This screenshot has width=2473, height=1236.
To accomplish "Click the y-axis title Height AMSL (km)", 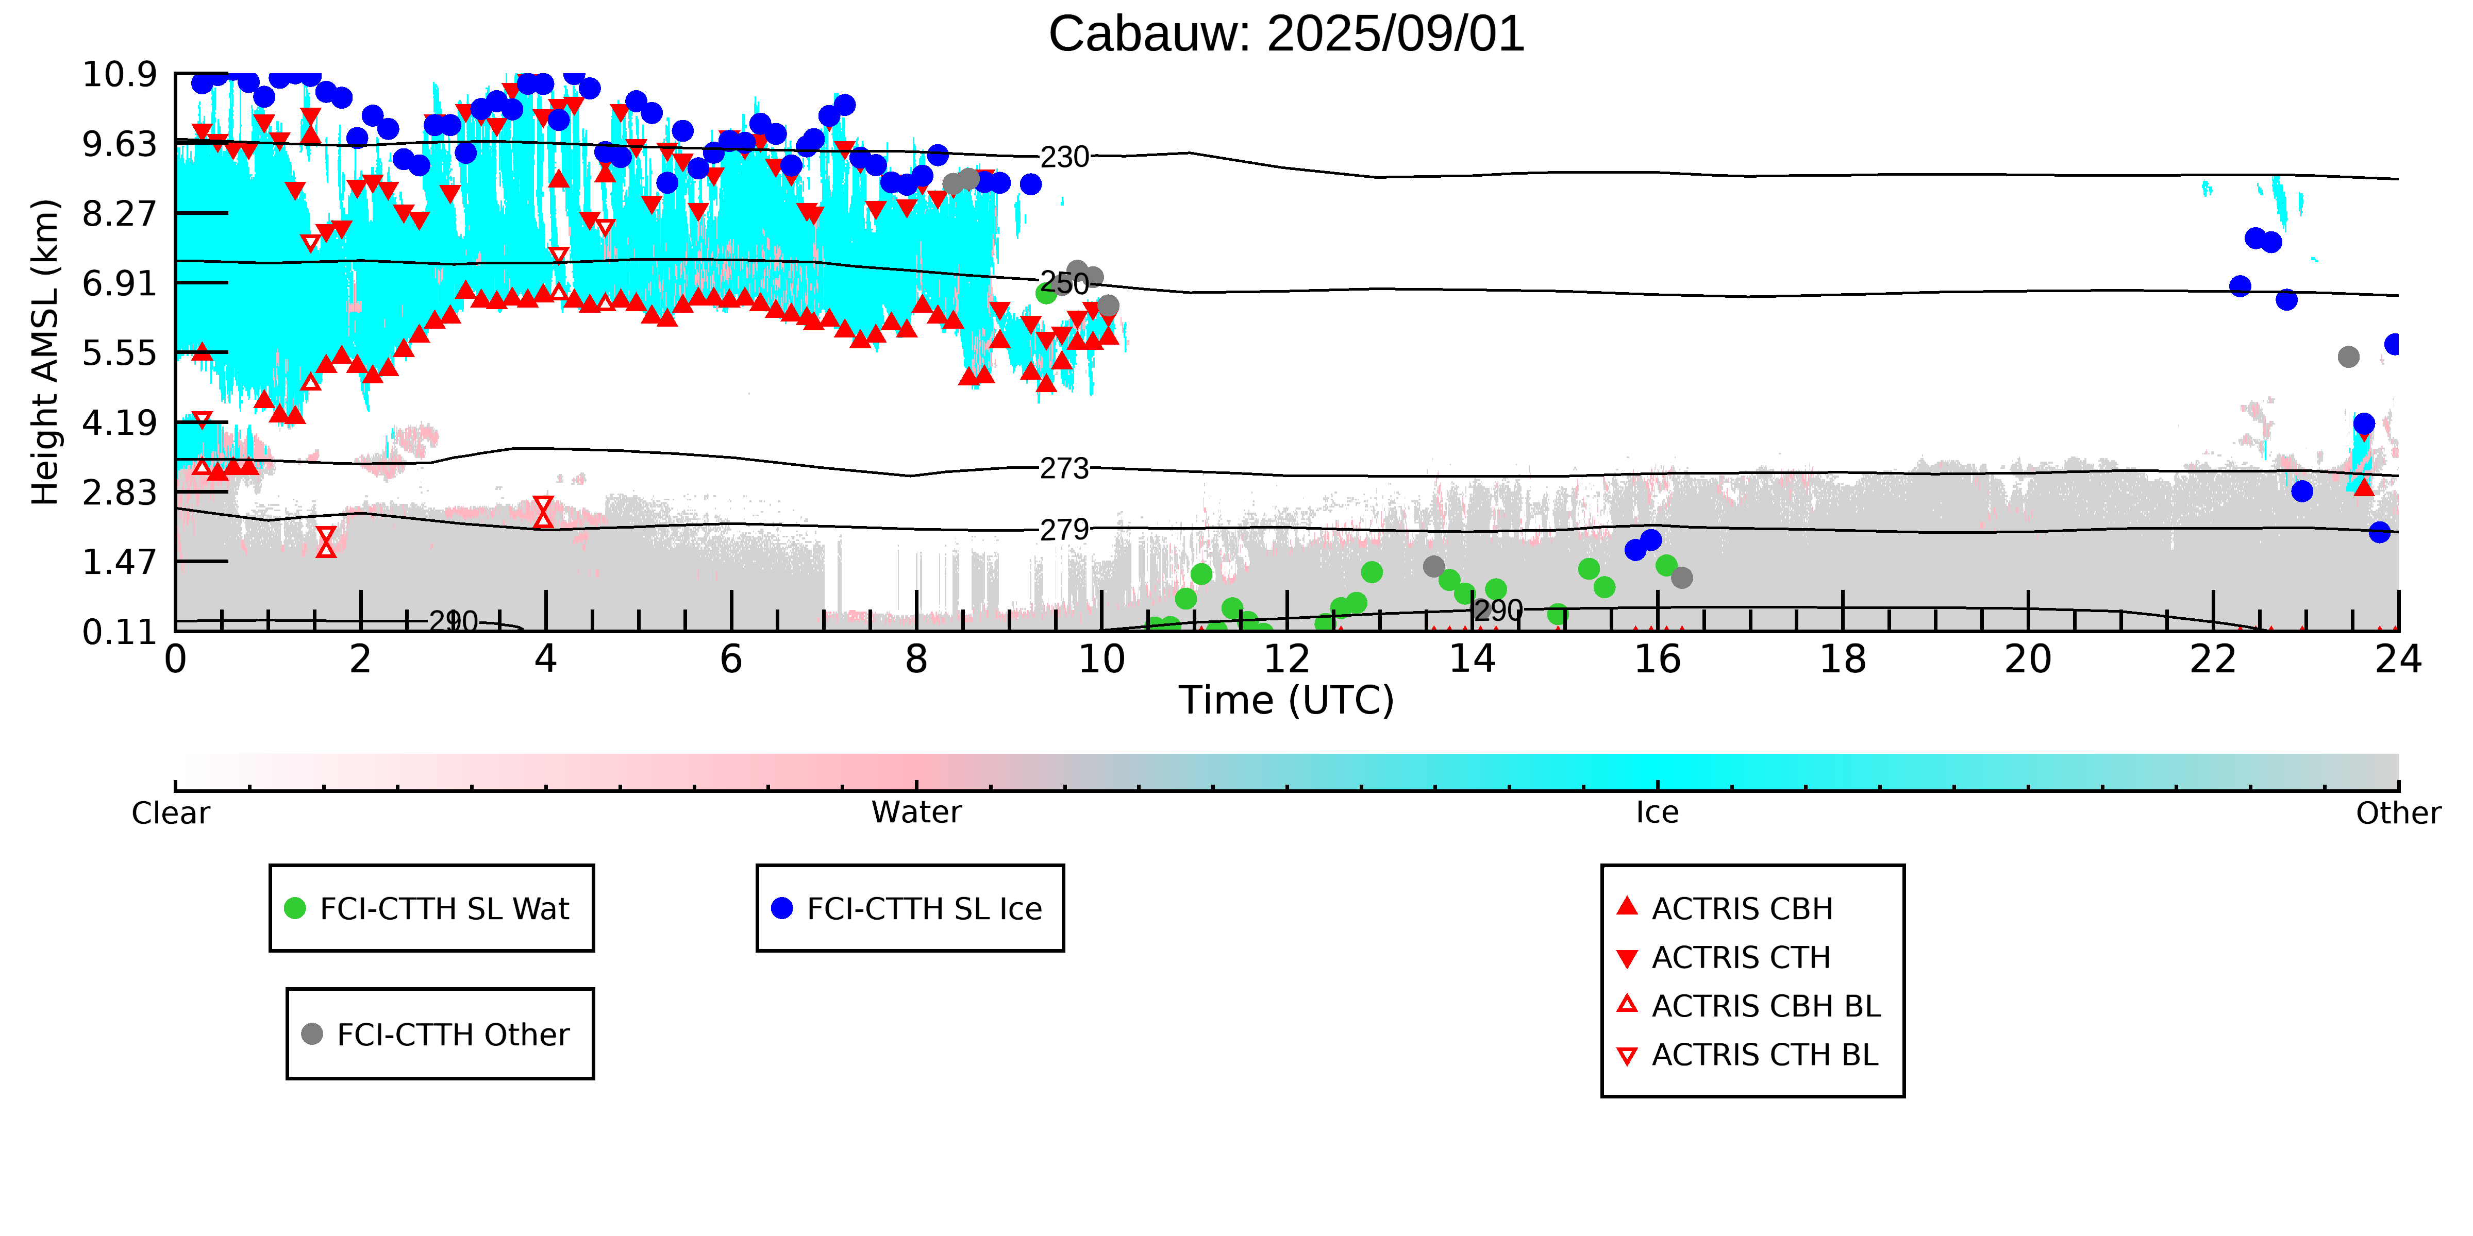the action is point(45,352).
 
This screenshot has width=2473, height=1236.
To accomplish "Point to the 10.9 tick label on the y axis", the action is point(120,74).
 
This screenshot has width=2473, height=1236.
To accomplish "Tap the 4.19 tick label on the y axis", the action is point(120,422).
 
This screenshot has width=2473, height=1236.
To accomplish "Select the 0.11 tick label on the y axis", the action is point(120,632).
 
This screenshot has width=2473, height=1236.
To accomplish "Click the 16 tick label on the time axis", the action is point(1657,659).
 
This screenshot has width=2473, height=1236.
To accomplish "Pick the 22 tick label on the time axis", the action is point(2213,659).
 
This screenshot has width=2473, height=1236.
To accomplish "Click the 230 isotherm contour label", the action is point(1065,157).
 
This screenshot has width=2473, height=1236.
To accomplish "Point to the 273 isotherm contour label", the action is point(1065,468).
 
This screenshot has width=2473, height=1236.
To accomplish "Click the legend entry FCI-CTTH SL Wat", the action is point(431,908).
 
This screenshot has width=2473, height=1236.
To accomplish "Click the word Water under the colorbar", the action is point(916,813).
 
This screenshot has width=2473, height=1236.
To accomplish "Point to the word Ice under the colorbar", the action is point(1657,813).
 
